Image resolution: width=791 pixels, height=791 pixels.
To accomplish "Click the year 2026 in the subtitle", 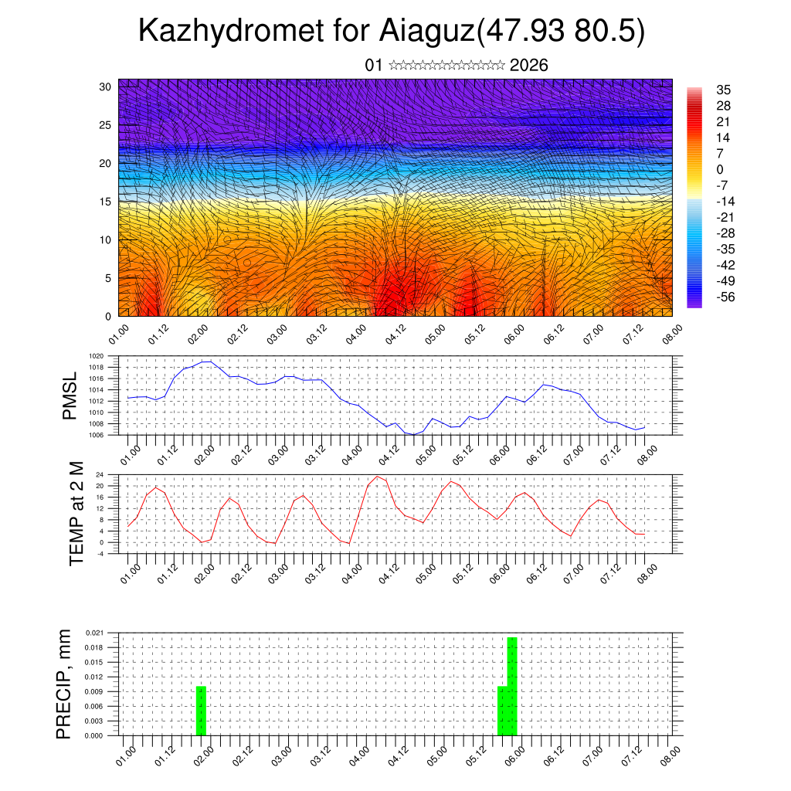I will (x=528, y=65).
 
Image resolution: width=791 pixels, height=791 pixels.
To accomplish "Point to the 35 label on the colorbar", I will (x=723, y=90).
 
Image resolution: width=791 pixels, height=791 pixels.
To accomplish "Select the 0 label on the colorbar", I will (x=720, y=169).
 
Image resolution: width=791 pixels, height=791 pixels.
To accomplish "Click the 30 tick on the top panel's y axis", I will (x=104, y=87).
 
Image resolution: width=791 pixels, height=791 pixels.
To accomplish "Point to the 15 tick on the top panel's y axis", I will (x=104, y=202).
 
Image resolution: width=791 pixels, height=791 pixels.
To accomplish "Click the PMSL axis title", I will (x=70, y=395).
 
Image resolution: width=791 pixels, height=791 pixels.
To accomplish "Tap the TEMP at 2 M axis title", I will (x=76, y=513).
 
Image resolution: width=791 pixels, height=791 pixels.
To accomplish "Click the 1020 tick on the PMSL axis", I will (x=95, y=356).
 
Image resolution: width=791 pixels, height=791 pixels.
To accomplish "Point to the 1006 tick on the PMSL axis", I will (x=95, y=435).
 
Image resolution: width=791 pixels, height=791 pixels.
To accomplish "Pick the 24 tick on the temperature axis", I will (x=99, y=474).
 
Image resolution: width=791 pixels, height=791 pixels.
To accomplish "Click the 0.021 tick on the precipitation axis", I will (x=94, y=633).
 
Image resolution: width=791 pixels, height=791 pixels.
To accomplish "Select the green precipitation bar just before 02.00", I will (x=201, y=711).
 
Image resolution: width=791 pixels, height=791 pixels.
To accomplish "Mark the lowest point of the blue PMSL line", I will (x=414, y=434).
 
